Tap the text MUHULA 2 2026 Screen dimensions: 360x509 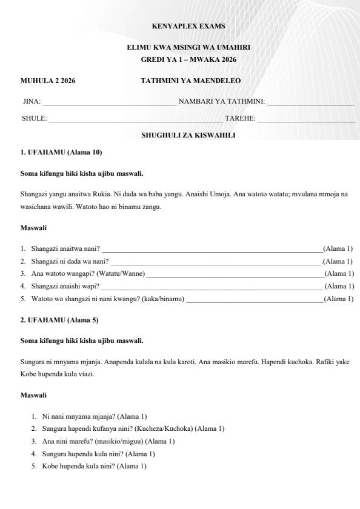[x=48, y=81]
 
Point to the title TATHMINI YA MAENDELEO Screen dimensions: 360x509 [x=190, y=81]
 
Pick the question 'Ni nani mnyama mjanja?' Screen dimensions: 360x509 [x=76, y=416]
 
